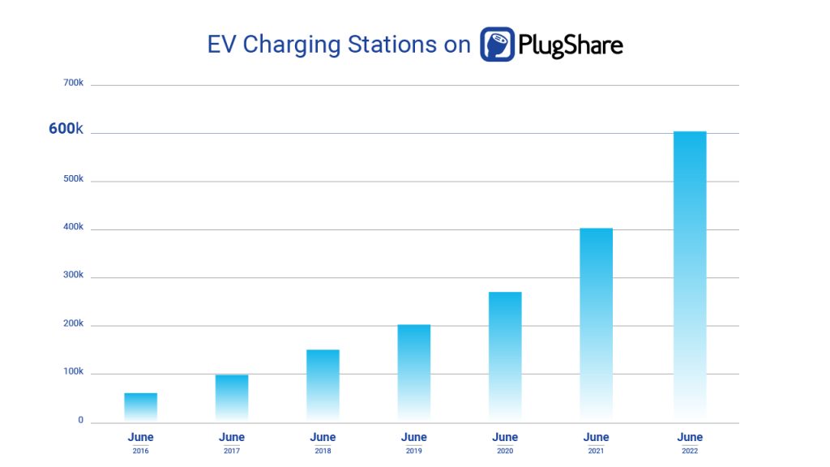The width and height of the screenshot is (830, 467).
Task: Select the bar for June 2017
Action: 232,397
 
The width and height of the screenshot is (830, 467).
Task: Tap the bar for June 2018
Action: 323,385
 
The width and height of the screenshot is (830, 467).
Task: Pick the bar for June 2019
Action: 413,373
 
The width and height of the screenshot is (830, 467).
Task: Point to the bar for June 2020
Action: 505,357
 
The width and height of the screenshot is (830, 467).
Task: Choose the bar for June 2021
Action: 596,324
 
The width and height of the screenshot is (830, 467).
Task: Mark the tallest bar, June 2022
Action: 690,276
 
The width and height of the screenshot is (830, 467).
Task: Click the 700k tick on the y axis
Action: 73,83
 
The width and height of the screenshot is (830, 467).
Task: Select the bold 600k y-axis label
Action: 66,129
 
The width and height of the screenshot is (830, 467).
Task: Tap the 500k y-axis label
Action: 73,178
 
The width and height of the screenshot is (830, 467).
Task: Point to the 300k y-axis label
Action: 73,275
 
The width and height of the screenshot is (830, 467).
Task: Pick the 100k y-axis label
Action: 73,371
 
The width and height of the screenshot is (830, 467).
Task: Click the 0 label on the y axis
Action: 80,419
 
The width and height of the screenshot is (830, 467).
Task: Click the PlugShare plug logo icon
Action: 497,45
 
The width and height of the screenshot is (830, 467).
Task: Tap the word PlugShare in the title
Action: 571,45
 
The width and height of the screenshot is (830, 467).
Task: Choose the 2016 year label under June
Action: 140,451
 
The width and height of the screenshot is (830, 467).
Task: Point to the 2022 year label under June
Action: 690,451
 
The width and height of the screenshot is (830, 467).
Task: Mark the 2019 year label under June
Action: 413,451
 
